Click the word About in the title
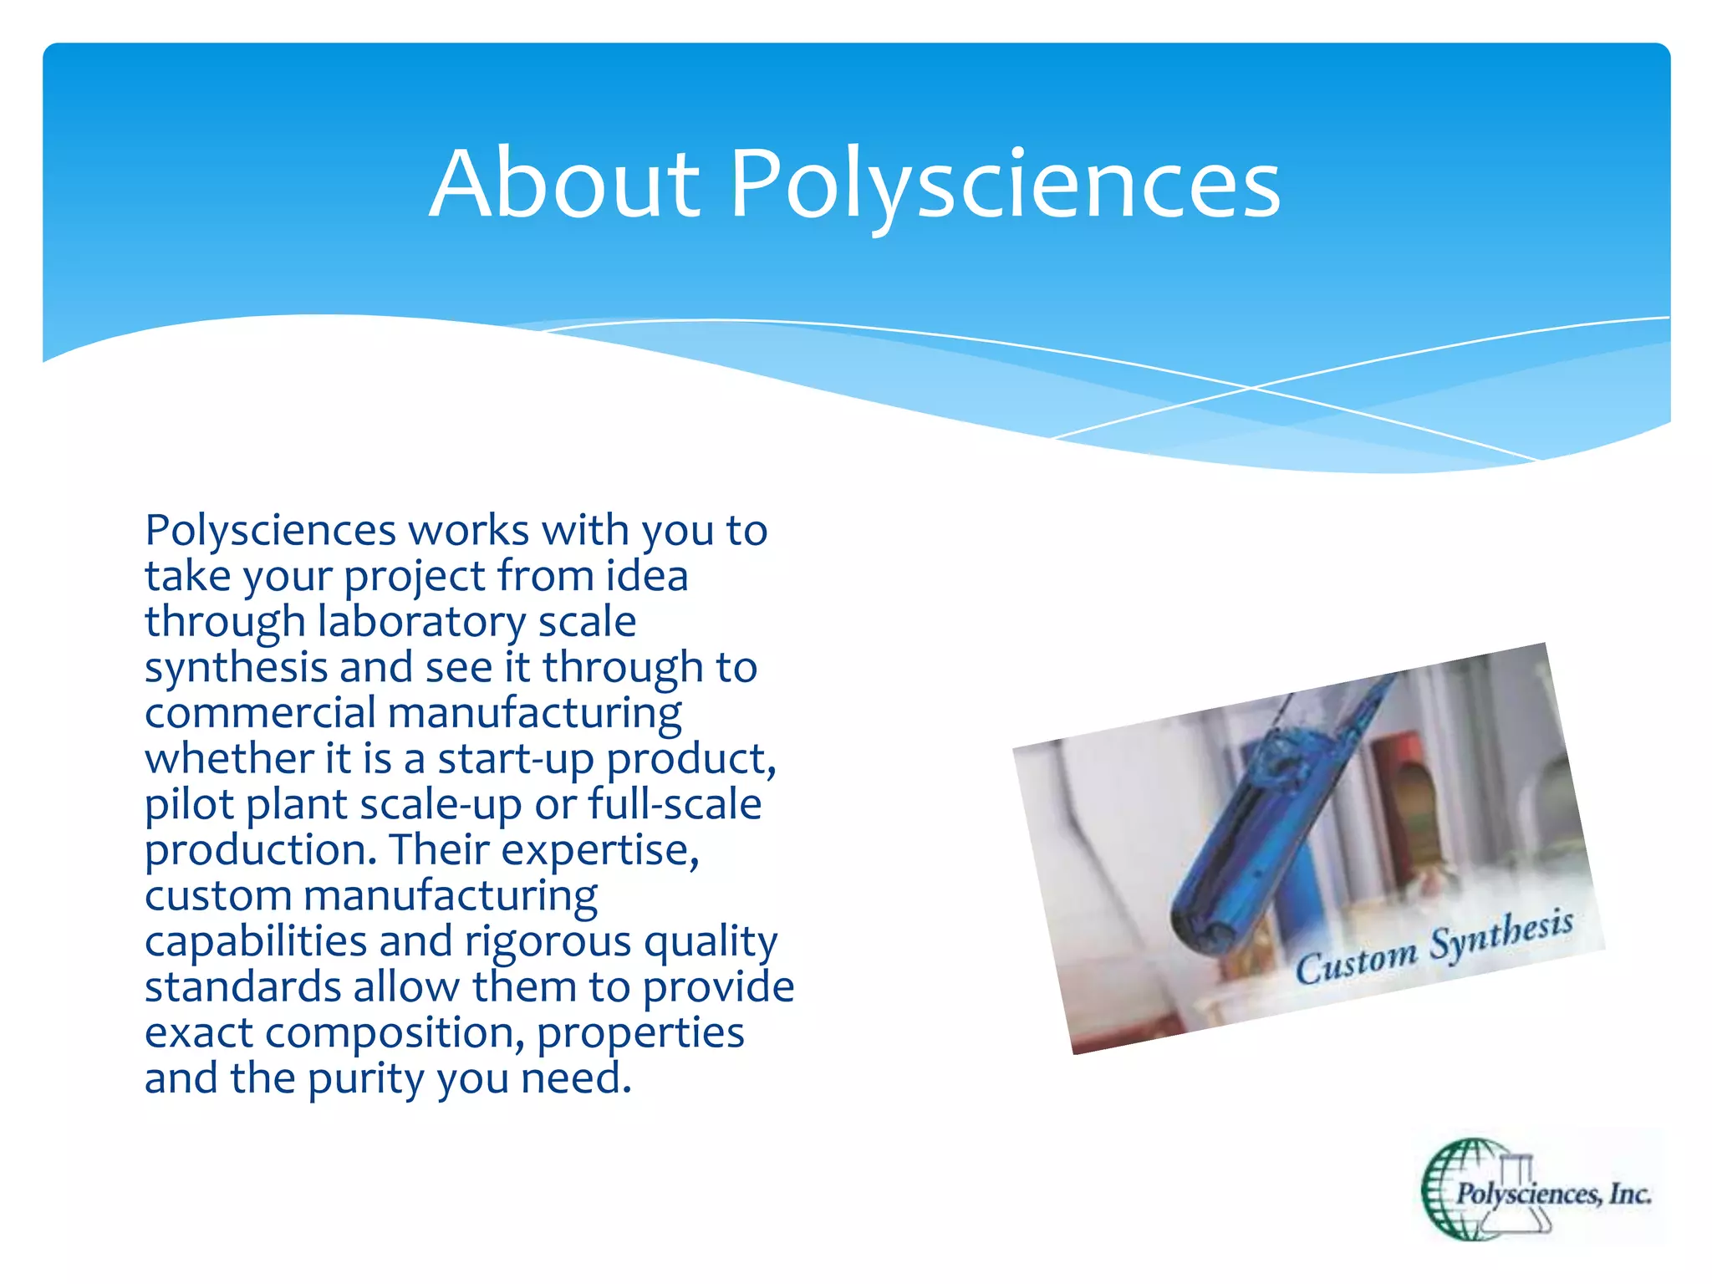[564, 184]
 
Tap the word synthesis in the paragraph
[236, 668]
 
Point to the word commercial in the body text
[260, 713]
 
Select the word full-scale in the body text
[675, 804]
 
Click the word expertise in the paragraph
[599, 850]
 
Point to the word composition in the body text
[394, 1033]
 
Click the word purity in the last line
[366, 1079]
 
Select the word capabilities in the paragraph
[256, 941]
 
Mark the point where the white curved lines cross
[1251, 388]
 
